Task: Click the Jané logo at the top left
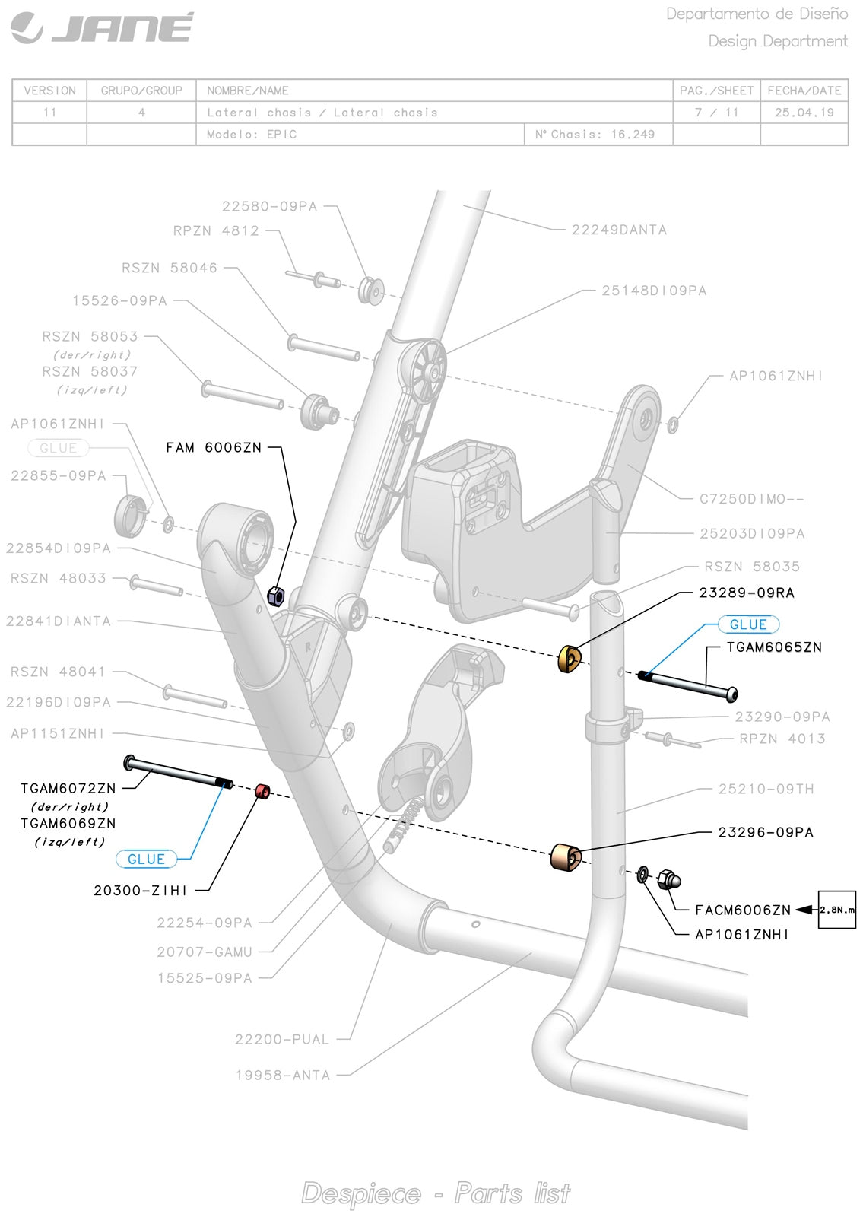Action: pyautogui.click(x=102, y=28)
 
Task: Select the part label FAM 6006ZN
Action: pyautogui.click(x=214, y=448)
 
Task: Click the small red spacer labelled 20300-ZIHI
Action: pyautogui.click(x=262, y=792)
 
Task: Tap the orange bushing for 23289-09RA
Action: pyautogui.click(x=570, y=659)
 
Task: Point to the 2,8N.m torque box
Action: pyautogui.click(x=836, y=910)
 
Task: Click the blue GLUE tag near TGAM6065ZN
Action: pyautogui.click(x=748, y=624)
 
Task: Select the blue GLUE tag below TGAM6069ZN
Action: pyautogui.click(x=146, y=859)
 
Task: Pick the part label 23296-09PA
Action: pyautogui.click(x=766, y=832)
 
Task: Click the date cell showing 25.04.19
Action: pyautogui.click(x=804, y=113)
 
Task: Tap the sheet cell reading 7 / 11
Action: pyautogui.click(x=716, y=113)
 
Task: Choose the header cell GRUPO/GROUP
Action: pyautogui.click(x=141, y=91)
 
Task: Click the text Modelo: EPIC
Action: pyautogui.click(x=252, y=135)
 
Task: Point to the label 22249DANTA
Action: pyautogui.click(x=619, y=230)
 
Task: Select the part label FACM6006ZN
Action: pyautogui.click(x=743, y=910)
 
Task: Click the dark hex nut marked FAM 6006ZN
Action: pyautogui.click(x=278, y=594)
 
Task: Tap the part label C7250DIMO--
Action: pyautogui.click(x=751, y=499)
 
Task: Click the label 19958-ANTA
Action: pyautogui.click(x=283, y=1076)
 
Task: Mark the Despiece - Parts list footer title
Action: pyautogui.click(x=436, y=1193)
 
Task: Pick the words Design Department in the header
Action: pyautogui.click(x=778, y=41)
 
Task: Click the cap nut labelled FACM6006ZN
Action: pyautogui.click(x=669, y=879)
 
